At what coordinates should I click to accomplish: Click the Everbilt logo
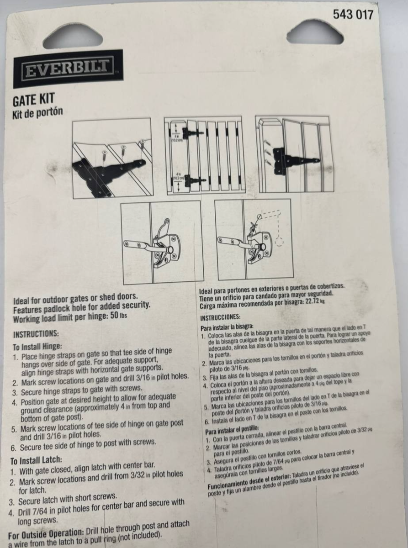pos(68,69)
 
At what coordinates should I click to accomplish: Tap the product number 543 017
pos(353,15)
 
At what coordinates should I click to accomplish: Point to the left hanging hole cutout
pos(73,35)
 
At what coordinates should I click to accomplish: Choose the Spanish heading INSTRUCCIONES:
pos(220,317)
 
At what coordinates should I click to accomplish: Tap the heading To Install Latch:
pos(36,460)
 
